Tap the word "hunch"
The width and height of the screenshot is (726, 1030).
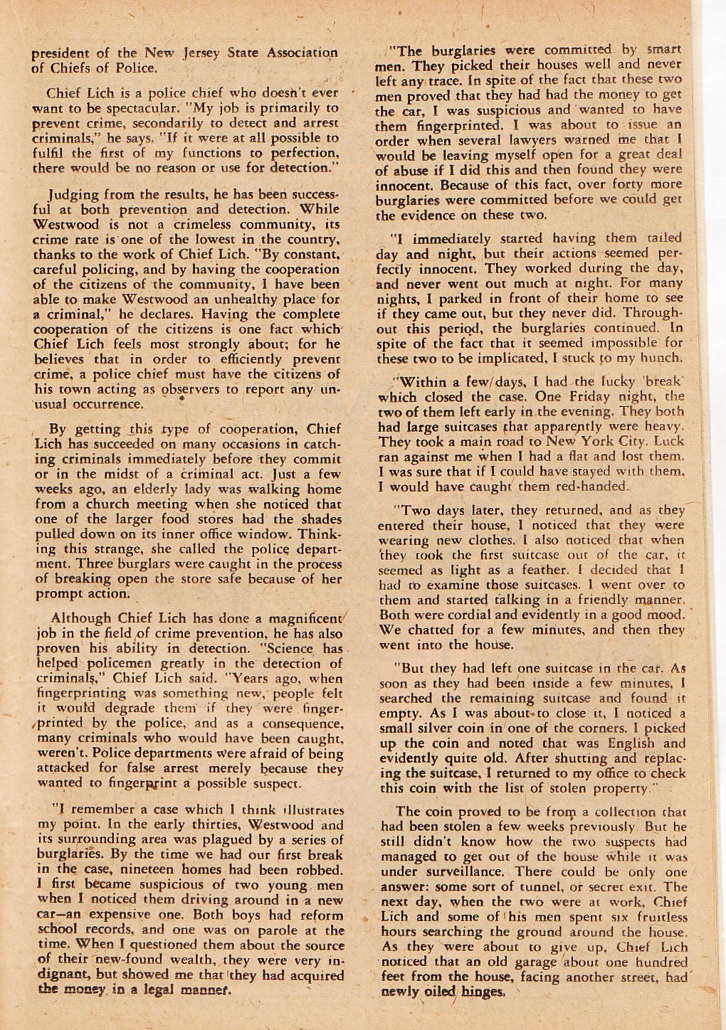[x=662, y=359]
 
